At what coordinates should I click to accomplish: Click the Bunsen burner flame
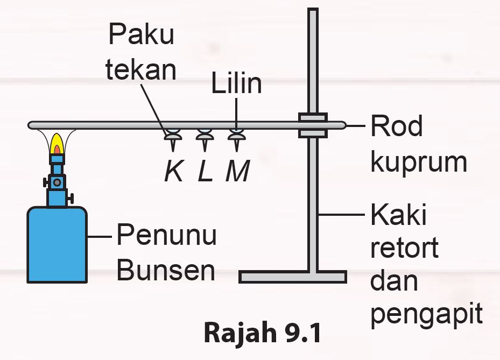tap(56, 144)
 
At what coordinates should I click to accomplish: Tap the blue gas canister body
tap(57, 245)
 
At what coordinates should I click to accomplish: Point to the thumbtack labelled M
tap(236, 139)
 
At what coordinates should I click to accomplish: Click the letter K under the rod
tap(173, 171)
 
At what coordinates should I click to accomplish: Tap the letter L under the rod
tap(205, 171)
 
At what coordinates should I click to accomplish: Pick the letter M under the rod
tap(237, 171)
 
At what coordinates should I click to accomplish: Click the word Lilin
tap(236, 84)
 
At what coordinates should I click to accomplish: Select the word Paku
tap(142, 36)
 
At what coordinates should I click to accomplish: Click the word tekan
tap(140, 70)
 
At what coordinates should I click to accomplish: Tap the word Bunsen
tap(166, 271)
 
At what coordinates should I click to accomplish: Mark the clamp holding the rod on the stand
tap(313, 125)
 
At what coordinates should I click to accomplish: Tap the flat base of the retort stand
tap(292, 277)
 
